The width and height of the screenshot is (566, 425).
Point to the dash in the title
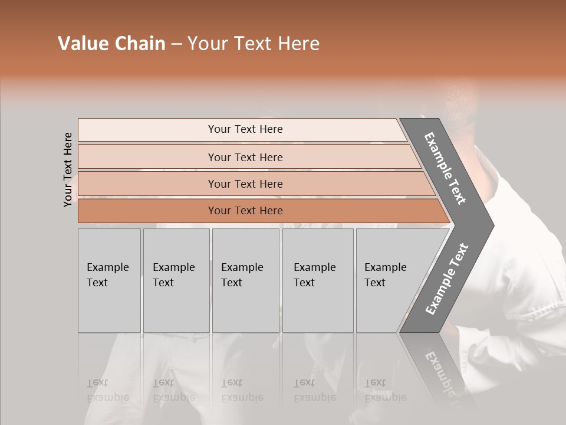(x=176, y=44)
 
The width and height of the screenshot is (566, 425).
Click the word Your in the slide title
(x=204, y=44)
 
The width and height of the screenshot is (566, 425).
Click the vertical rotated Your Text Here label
(x=68, y=169)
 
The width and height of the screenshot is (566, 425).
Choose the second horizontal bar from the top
(x=245, y=157)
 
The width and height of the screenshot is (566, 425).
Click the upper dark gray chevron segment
(x=446, y=168)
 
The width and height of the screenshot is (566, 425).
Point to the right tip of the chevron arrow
(x=492, y=225)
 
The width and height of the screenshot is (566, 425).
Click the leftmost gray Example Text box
(x=109, y=280)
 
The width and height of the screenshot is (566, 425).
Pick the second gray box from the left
(x=176, y=280)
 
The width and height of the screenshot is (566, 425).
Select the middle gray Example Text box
(x=245, y=280)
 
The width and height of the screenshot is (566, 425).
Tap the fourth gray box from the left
(x=318, y=280)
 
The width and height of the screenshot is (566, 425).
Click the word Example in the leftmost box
(x=107, y=267)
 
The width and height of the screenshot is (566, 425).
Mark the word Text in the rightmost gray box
(x=375, y=283)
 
